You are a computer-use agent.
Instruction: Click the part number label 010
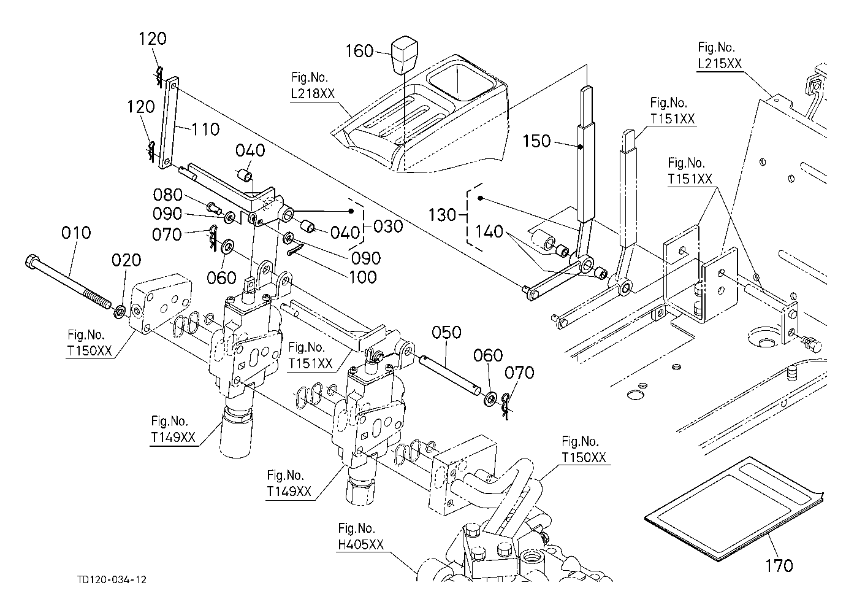(x=76, y=233)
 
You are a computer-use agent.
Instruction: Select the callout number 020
(x=126, y=260)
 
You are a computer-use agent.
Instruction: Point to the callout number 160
(x=359, y=51)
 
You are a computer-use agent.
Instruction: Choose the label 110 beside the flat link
(x=205, y=130)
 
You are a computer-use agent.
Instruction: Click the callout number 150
(x=536, y=141)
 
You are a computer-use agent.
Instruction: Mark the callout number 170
(x=779, y=566)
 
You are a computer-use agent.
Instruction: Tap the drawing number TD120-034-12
(x=112, y=579)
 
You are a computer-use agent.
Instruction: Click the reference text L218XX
(x=313, y=93)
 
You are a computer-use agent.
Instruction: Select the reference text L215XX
(x=720, y=64)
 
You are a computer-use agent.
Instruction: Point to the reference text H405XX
(x=360, y=544)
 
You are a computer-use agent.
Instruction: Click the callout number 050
(x=446, y=333)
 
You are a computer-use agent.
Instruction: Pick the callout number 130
(x=442, y=215)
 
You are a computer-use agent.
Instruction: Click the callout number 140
(x=489, y=231)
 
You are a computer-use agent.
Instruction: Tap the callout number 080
(x=168, y=195)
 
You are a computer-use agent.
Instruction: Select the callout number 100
(x=362, y=277)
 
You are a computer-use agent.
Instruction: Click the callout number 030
(x=388, y=226)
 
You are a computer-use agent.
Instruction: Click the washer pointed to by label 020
(x=120, y=312)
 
